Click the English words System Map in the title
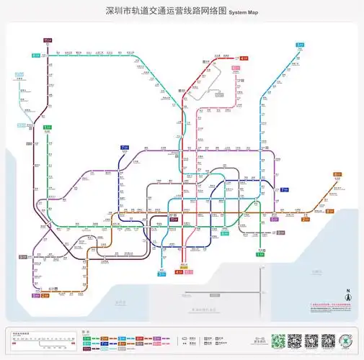pos(244,13)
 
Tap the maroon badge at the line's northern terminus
pos(48,40)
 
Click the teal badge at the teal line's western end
pos(35,55)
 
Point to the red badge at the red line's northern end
pos(244,58)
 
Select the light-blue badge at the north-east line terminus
pos(299,45)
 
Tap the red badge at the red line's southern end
pos(179,272)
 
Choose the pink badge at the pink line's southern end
pos(189,272)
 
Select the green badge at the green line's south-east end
pos(260,253)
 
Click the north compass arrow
pos(345,293)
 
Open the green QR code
pos(294,341)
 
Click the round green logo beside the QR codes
pos(347,341)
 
